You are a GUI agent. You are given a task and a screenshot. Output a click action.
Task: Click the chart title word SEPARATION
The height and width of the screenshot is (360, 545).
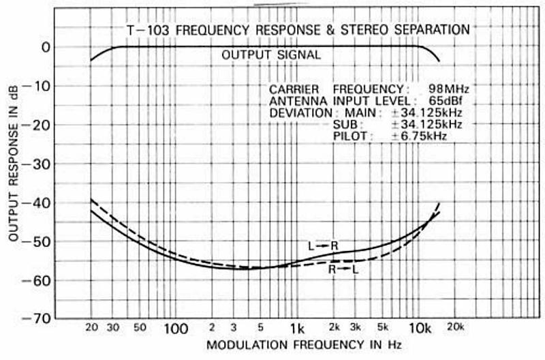pos(434,30)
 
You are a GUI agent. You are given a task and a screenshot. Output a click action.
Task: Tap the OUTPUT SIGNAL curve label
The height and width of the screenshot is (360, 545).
pos(271,55)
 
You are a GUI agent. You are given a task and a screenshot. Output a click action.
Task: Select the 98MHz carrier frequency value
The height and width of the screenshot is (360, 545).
pos(448,89)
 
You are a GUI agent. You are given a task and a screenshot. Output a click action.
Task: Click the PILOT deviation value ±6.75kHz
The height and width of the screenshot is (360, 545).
pos(419,136)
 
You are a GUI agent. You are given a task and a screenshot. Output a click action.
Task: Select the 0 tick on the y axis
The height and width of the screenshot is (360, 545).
pos(46,47)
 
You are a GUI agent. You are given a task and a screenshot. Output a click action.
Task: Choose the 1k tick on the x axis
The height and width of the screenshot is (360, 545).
pos(296,328)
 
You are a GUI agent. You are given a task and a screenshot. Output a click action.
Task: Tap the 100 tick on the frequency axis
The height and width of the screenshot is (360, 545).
pos(176,328)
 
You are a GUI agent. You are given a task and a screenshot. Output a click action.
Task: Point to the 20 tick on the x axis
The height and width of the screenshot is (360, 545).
pos(91,327)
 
